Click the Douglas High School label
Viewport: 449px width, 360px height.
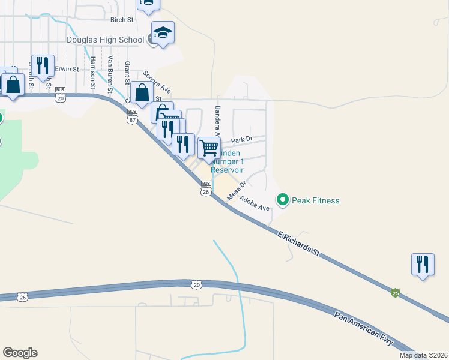105,40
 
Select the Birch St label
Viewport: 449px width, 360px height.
121,20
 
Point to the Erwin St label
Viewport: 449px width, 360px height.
67,70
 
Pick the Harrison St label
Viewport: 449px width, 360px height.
93,72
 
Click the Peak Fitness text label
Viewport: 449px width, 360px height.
316,200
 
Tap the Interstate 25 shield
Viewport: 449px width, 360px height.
395,292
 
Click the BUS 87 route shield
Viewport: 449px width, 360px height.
133,116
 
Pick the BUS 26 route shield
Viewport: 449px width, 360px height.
205,188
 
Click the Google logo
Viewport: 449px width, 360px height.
20,353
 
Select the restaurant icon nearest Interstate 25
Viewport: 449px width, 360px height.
423,263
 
